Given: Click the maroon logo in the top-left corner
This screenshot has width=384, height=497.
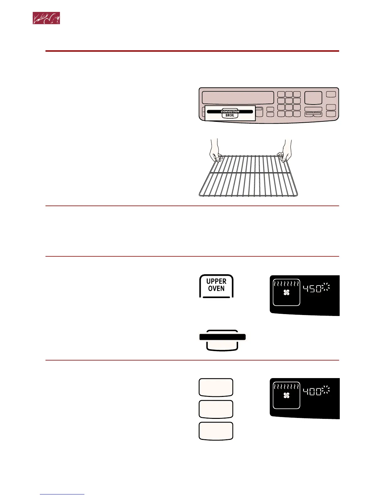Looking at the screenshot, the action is click(46, 19).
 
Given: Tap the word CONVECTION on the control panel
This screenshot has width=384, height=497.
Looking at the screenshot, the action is click(230, 111).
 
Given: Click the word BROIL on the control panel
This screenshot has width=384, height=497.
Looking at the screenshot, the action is click(230, 115).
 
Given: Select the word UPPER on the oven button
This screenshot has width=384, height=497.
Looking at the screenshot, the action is click(216, 281).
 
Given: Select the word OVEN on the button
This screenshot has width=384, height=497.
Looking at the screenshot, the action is click(216, 288).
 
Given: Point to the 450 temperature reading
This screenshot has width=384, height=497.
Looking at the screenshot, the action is click(312, 289).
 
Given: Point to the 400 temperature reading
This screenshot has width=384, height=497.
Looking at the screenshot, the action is click(312, 391).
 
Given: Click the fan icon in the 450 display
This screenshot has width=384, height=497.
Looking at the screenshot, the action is click(286, 293).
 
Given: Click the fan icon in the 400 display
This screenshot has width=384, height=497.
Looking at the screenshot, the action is click(286, 396).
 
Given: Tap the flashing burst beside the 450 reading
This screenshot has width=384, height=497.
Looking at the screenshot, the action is click(326, 287).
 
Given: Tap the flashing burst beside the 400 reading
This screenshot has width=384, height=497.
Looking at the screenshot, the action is click(326, 390).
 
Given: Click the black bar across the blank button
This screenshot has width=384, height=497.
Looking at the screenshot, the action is click(222, 337).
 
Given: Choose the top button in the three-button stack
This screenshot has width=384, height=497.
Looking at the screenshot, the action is click(216, 387).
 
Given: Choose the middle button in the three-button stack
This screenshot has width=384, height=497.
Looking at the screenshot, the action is click(216, 409).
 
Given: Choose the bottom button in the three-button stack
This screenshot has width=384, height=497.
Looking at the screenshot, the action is click(216, 431).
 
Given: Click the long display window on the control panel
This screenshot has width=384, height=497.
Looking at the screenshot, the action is click(238, 98).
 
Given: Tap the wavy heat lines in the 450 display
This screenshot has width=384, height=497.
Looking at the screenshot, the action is click(286, 284).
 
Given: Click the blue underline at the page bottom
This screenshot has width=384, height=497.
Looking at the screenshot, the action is click(62, 494).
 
